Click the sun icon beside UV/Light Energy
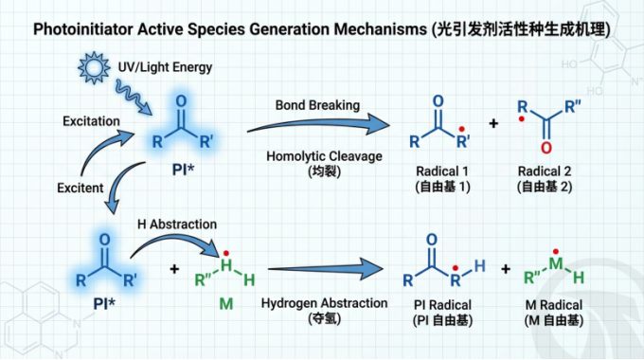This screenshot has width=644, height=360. [94, 68]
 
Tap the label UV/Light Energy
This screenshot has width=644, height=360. [165, 67]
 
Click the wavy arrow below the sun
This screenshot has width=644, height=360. [134, 98]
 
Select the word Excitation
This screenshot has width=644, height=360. [91, 121]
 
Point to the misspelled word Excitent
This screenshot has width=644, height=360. [80, 188]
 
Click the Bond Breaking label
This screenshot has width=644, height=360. [317, 105]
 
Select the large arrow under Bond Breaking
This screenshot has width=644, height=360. [318, 124]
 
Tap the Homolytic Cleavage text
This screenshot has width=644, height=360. [324, 156]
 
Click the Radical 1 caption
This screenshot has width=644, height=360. [442, 171]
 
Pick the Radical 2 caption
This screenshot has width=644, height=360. [545, 171]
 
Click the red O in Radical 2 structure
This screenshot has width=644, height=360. [546, 148]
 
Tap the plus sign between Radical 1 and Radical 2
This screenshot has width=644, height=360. [493, 123]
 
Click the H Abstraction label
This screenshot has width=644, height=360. [177, 224]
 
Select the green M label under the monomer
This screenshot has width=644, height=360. [226, 304]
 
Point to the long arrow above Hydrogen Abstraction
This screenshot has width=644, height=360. [326, 269]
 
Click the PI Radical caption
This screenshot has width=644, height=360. [442, 305]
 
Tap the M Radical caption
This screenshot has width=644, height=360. [554, 305]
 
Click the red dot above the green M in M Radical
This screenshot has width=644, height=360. [555, 251]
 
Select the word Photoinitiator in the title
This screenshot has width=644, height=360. [83, 29]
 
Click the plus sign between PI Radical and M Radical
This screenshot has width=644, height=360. [506, 269]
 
